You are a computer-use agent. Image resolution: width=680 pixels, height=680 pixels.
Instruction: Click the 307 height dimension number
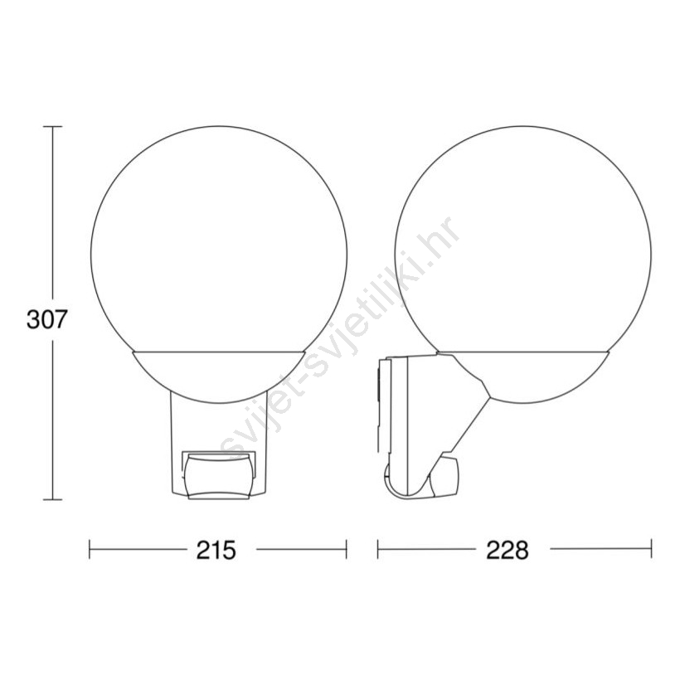pos(46,319)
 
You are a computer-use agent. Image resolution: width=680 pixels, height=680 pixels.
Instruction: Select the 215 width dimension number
pos(216,551)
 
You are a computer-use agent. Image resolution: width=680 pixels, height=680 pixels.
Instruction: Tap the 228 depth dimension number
pos(508,551)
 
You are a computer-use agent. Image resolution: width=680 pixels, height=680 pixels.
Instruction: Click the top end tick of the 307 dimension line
pos(53,127)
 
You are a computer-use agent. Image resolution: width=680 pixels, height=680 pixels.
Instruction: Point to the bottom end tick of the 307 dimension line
pos(53,499)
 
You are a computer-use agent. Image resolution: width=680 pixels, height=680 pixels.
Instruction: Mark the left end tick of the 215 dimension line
pos(90,549)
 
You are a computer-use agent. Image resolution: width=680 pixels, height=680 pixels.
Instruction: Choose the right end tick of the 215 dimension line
pos(346,549)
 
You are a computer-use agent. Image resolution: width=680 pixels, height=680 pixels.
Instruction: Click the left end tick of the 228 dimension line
pos(377,549)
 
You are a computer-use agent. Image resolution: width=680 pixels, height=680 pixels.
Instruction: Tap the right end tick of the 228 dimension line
pos(651,549)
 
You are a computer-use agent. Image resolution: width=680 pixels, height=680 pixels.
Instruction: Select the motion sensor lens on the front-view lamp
pos(219,475)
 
